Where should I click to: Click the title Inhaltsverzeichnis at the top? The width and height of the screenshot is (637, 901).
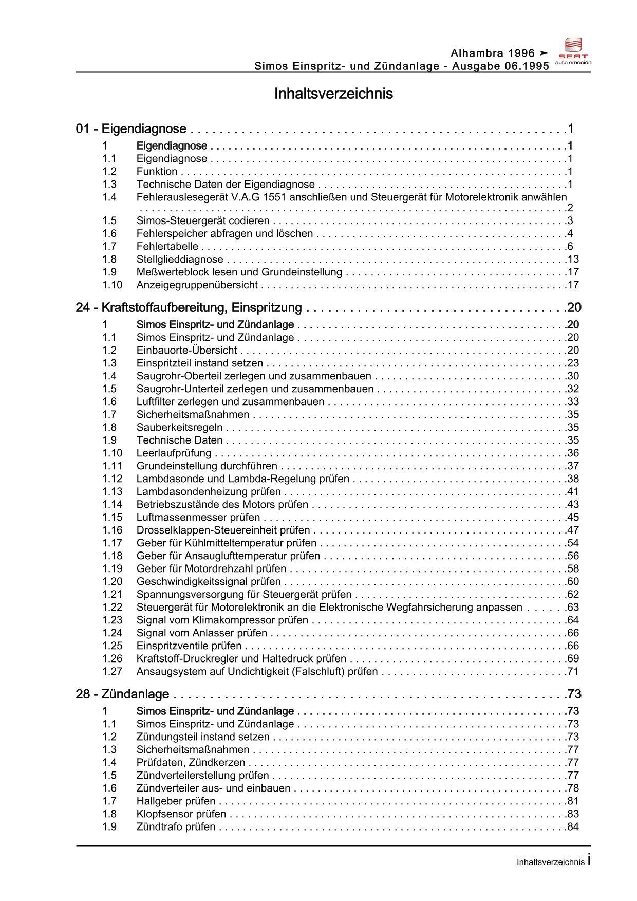tap(333, 94)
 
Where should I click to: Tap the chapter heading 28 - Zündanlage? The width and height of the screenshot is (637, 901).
tap(122, 694)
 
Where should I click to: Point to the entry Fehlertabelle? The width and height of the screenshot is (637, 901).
tap(167, 247)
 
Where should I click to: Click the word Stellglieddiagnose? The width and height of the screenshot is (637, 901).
tap(180, 260)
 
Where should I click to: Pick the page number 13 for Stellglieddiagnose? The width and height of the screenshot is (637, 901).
tap(573, 260)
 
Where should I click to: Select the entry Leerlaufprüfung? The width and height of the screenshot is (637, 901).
tap(174, 453)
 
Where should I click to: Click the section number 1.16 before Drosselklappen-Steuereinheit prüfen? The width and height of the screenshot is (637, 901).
tap(112, 530)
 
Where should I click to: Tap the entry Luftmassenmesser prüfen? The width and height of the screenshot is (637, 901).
tap(198, 518)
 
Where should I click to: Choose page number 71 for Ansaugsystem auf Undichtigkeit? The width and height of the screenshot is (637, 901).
tap(573, 672)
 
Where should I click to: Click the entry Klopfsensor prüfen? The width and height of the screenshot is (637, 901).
tap(181, 814)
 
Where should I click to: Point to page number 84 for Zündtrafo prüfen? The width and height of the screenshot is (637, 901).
tap(573, 827)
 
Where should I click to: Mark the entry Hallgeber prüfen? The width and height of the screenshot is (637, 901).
tap(176, 801)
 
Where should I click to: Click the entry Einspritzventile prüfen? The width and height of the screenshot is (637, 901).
tap(189, 646)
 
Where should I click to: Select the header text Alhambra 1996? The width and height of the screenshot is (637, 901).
tap(493, 53)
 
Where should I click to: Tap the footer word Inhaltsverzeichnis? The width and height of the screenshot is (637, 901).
tap(550, 862)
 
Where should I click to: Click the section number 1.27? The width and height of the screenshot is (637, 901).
tap(112, 672)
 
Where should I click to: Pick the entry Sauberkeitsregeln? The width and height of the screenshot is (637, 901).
tap(179, 428)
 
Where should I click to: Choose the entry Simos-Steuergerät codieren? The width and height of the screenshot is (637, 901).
tap(203, 221)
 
